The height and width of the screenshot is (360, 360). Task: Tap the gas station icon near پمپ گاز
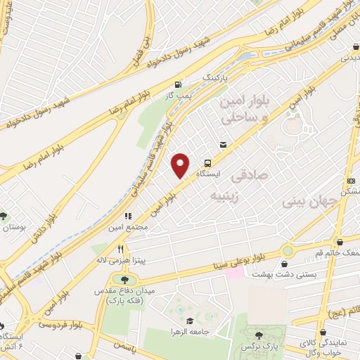click(186, 84)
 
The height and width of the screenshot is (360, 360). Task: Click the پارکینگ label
click(217, 75)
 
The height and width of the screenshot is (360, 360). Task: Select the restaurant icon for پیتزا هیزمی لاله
click(121, 249)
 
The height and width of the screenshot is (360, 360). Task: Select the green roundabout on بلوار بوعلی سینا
click(288, 250)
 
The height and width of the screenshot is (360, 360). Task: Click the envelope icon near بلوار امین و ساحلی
click(223, 145)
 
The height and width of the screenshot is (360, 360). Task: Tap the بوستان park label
click(14, 227)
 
